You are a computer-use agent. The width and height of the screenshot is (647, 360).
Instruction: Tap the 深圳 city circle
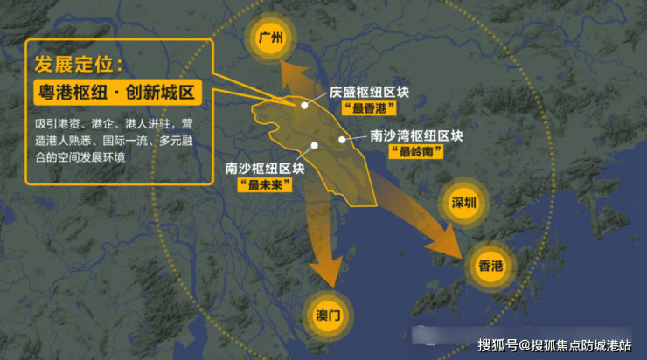click(463, 203)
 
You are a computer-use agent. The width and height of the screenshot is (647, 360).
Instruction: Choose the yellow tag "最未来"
click(263, 184)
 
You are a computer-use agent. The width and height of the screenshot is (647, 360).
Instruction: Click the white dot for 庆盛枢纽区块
click(304, 105)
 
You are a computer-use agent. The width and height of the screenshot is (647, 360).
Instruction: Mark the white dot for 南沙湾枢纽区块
click(342, 139)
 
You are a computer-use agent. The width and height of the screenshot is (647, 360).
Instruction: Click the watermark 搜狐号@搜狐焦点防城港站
click(554, 344)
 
